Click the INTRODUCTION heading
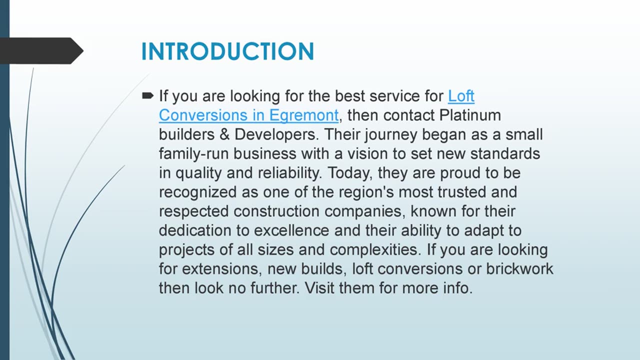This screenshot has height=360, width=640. [227, 51]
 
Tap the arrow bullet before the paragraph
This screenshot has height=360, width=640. [148, 95]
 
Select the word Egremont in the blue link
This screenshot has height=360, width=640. [303, 115]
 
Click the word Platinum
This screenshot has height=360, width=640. [470, 115]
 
